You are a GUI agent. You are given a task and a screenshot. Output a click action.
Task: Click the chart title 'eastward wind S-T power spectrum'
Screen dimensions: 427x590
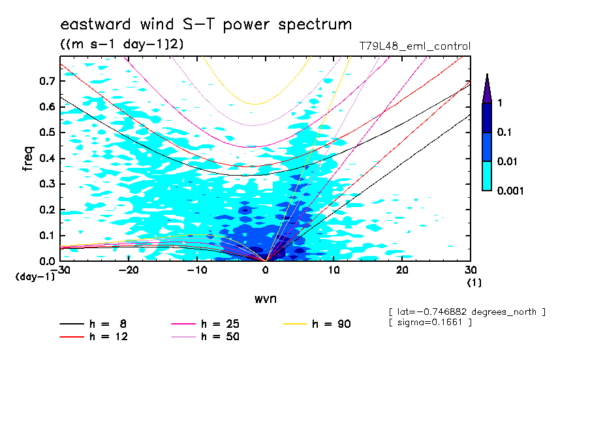(x=206, y=25)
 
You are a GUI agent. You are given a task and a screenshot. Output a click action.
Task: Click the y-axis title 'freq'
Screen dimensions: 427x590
(x=27, y=159)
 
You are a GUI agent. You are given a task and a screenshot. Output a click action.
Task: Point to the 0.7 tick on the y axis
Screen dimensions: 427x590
(x=46, y=81)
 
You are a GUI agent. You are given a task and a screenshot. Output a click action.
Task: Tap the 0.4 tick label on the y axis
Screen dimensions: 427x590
(x=46, y=159)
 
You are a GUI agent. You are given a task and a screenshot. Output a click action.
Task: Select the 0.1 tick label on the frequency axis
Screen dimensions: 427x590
(x=46, y=236)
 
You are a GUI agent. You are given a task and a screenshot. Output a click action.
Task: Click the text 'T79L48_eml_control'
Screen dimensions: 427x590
(x=414, y=46)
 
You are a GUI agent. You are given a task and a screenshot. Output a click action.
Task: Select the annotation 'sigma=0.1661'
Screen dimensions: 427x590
(x=429, y=323)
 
